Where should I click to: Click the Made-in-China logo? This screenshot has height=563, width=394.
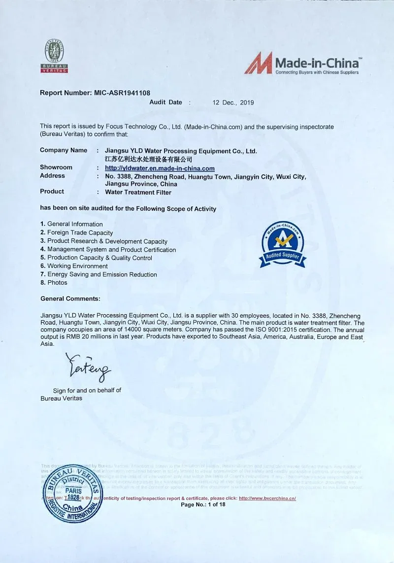(x=302, y=63)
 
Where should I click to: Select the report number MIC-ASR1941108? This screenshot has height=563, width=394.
(x=122, y=93)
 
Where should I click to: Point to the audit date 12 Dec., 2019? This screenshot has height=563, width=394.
(x=233, y=102)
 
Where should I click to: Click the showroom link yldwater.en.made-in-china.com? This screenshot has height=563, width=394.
(x=160, y=168)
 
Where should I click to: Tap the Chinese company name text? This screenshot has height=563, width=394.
(x=148, y=160)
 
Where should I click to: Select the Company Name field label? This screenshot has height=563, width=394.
(x=64, y=150)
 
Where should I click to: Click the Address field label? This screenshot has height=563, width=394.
(x=52, y=176)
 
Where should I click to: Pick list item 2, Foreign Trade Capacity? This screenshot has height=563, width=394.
(x=80, y=233)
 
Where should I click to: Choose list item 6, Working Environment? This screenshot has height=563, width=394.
(x=77, y=266)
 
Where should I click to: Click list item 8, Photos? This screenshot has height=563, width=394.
(x=57, y=283)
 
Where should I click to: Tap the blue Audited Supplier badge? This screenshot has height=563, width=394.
(x=283, y=244)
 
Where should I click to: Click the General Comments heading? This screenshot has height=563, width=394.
(x=70, y=298)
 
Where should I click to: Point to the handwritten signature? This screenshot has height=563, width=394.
(x=89, y=366)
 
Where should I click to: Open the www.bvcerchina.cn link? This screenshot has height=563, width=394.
(x=267, y=498)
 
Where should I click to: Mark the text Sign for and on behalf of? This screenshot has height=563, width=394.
(x=87, y=391)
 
